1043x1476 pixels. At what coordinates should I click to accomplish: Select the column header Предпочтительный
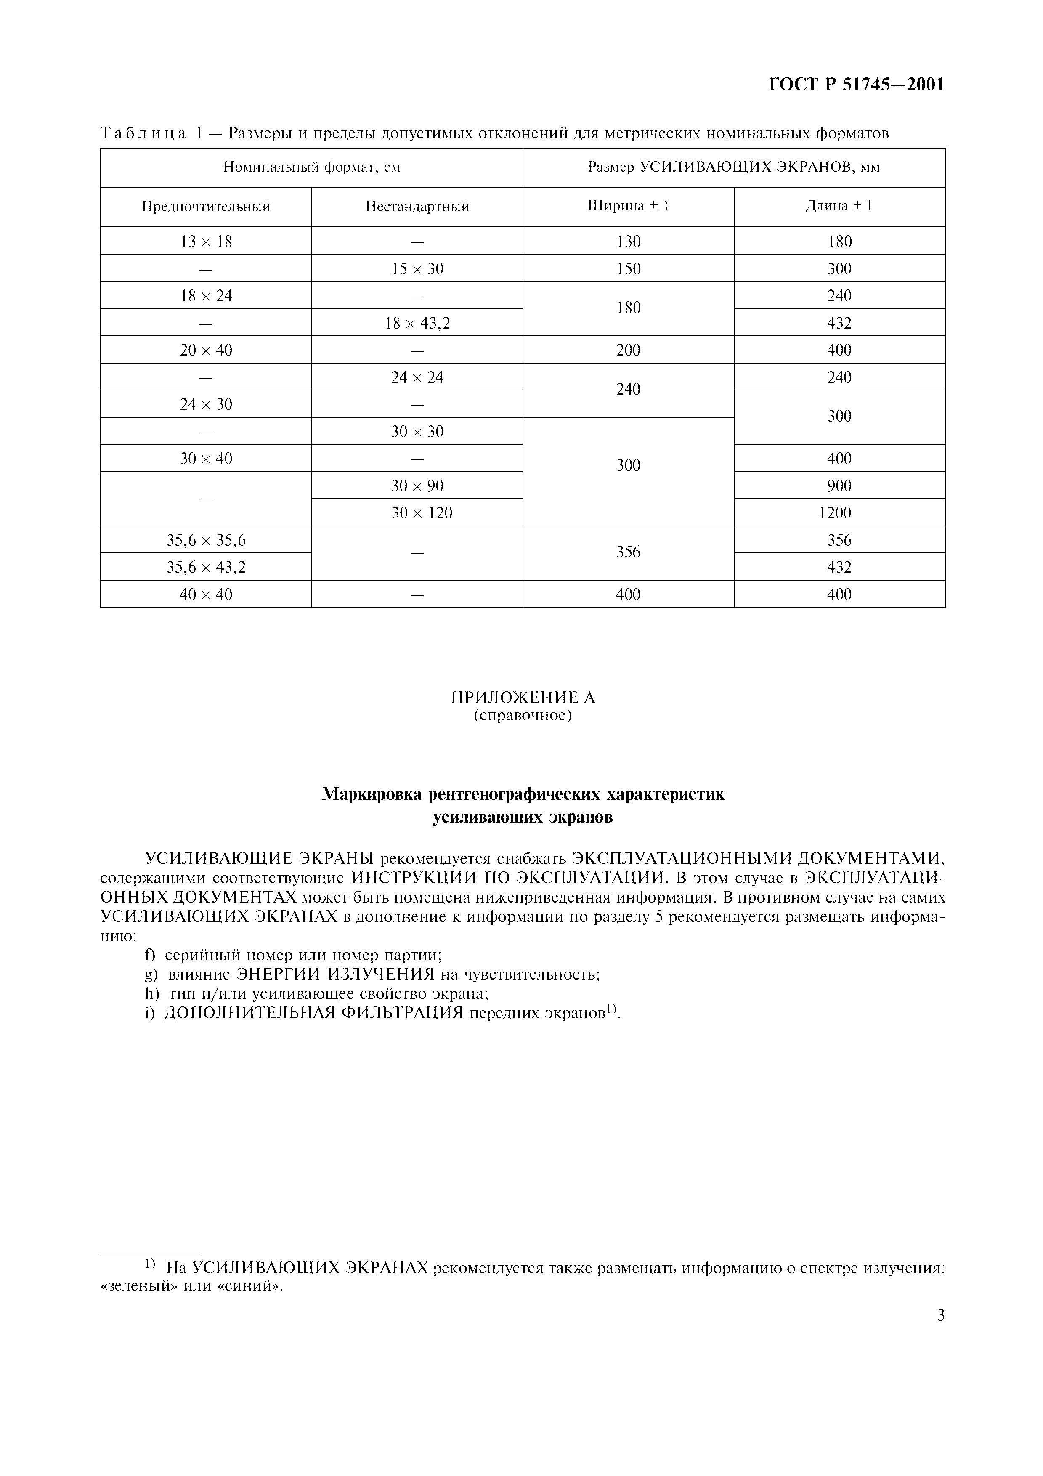206,207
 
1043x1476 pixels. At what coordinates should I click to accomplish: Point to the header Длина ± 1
839,206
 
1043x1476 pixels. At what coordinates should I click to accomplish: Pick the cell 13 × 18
206,242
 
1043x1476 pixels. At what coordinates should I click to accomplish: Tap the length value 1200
839,513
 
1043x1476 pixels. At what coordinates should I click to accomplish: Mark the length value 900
839,486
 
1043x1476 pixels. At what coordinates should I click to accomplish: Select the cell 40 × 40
206,595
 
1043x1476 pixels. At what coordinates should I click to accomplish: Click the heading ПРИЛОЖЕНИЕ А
523,698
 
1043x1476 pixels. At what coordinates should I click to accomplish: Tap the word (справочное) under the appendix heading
523,716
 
